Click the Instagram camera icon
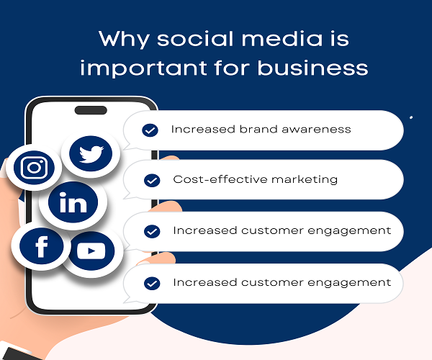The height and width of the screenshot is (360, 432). coord(34,168)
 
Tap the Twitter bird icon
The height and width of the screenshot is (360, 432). coord(91,153)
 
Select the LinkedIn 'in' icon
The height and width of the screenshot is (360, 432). coord(73,203)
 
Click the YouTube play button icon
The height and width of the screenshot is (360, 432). coord(91,251)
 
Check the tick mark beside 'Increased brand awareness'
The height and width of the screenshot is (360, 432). coord(150,130)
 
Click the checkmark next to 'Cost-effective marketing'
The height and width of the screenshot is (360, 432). coord(152,180)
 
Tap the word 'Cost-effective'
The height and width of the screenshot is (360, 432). coord(215,179)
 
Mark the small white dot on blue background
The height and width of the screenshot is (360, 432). coord(411,117)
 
